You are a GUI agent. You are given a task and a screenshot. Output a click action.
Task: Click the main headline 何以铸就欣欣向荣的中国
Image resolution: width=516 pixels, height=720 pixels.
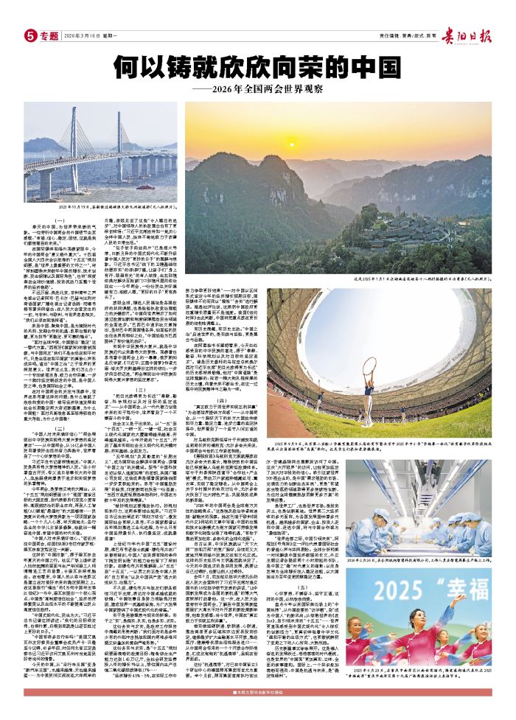[x=257, y=68]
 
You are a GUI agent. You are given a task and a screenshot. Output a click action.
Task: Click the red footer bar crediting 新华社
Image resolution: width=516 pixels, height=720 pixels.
[x=257, y=712]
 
